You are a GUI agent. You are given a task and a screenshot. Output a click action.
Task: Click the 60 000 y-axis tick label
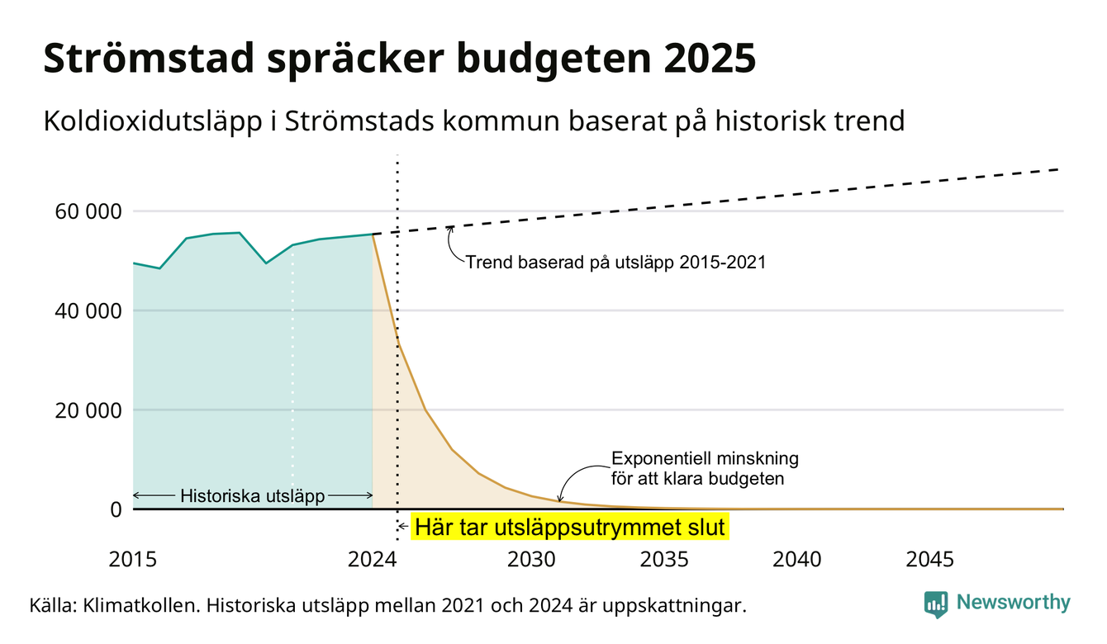point(88,212)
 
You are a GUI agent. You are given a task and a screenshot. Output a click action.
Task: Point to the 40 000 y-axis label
point(88,311)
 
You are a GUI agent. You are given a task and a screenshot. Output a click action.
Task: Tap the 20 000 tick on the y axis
point(88,410)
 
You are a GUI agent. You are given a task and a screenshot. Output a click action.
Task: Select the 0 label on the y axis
point(116,509)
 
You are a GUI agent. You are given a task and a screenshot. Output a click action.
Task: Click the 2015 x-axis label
point(132,560)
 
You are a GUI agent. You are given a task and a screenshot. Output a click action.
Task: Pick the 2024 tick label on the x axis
point(372,560)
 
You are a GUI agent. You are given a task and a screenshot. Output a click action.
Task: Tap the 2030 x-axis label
point(532,560)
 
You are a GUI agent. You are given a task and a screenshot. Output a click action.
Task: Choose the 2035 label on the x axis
point(664,560)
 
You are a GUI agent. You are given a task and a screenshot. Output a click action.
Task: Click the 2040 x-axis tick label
point(797,560)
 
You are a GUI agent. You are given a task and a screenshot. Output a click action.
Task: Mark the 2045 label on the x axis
point(929,560)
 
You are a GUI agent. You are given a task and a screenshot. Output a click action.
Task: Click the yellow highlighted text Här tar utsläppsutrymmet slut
point(570,527)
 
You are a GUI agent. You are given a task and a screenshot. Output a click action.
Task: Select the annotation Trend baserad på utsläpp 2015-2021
point(615,263)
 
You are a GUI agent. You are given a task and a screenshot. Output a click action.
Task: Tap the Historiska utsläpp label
point(252,496)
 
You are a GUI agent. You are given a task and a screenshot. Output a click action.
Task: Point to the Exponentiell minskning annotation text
point(705,469)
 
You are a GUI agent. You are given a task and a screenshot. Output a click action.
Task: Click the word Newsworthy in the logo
point(1013,603)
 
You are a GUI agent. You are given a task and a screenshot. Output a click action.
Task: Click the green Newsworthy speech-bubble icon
point(936,604)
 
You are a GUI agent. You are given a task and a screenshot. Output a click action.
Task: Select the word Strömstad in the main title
point(149,59)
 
